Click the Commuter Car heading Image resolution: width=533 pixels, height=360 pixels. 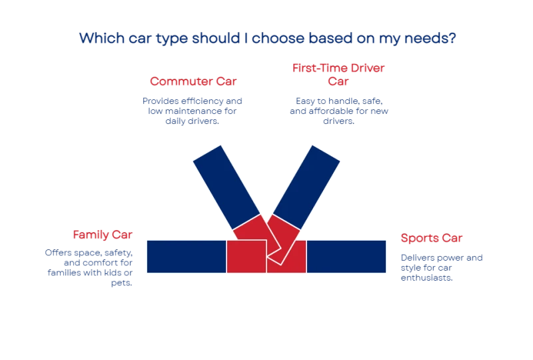pyautogui.click(x=193, y=81)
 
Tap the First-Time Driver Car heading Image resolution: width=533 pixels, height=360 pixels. pyautogui.click(x=338, y=75)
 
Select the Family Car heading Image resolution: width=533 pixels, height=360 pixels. pyautogui.click(x=103, y=235)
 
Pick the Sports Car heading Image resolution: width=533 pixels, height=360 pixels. pyautogui.click(x=431, y=238)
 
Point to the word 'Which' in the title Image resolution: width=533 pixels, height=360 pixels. pyautogui.click(x=102, y=38)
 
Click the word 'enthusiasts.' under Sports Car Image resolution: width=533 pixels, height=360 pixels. pyautogui.click(x=426, y=278)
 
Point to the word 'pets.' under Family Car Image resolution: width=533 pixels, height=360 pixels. pyautogui.click(x=121, y=283)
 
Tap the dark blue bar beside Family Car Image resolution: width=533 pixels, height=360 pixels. pyautogui.click(x=187, y=257)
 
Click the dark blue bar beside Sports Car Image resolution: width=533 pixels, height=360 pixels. pyautogui.click(x=346, y=257)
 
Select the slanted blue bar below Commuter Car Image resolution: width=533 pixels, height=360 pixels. pyautogui.click(x=227, y=187)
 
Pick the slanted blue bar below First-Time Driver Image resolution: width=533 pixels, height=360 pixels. pyautogui.click(x=306, y=187)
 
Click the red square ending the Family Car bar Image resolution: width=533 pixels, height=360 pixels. pyautogui.click(x=247, y=257)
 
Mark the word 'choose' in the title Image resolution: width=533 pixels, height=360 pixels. pyautogui.click(x=278, y=38)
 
